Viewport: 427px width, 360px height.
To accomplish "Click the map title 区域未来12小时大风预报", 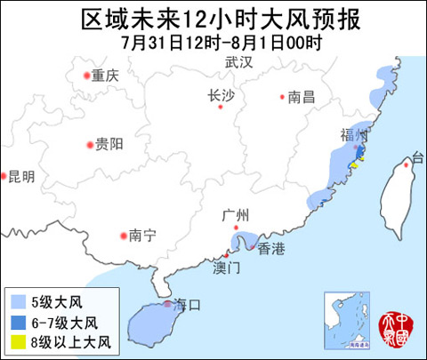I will (213, 19).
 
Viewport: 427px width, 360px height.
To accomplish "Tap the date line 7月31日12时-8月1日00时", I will (213, 41).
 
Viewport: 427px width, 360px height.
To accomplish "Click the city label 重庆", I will (104, 76).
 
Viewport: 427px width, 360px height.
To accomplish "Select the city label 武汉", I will (238, 63).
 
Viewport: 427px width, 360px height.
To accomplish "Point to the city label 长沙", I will (221, 97).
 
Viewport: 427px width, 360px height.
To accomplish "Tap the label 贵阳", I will (109, 144).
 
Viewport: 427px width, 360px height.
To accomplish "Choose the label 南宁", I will (142, 236).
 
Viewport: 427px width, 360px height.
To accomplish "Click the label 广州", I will (238, 215).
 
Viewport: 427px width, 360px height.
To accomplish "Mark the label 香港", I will (271, 250).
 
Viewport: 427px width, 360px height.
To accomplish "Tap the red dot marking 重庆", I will (86, 76).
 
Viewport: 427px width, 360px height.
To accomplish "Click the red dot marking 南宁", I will (124, 236).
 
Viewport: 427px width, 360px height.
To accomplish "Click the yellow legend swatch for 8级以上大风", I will (19, 340).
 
